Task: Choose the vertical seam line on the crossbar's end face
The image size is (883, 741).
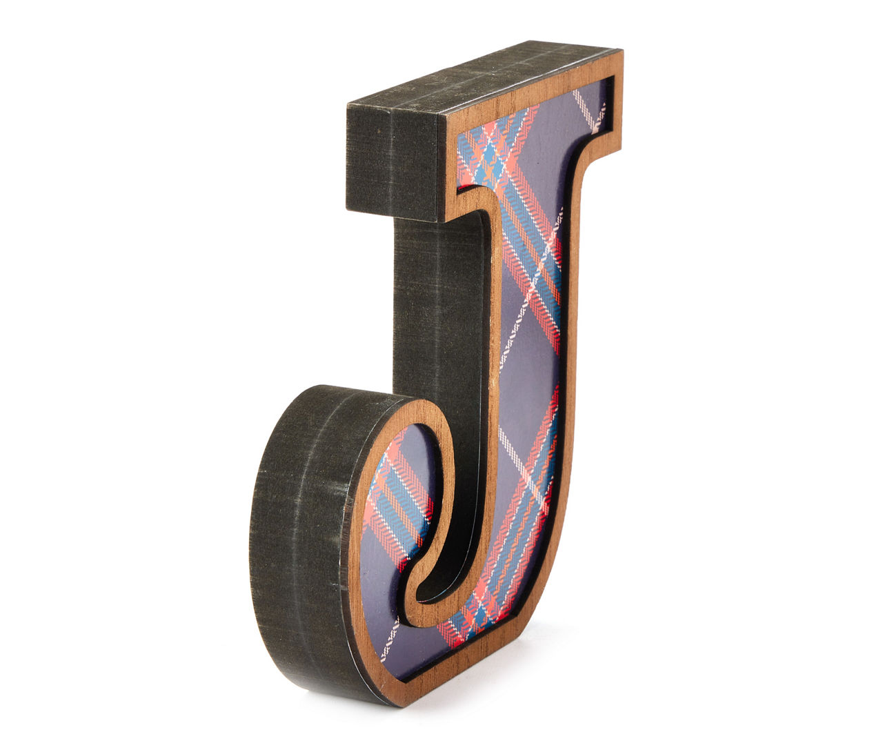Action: (x=391, y=163)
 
